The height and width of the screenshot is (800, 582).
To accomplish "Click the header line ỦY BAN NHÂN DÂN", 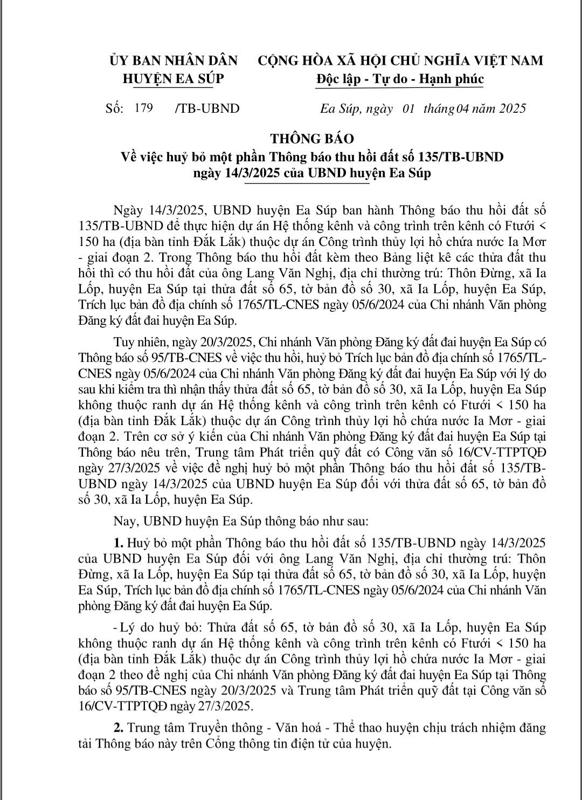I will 173,60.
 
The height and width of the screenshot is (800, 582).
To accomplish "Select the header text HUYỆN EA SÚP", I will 173,79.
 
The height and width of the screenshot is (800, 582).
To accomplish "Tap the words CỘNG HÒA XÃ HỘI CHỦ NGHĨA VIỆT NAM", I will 400,60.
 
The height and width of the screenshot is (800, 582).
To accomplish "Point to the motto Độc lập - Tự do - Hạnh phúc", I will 400,79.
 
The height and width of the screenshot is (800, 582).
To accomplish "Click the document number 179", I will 144,108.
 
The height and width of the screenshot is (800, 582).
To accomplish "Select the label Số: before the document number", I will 115,108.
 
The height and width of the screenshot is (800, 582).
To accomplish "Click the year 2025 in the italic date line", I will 505,108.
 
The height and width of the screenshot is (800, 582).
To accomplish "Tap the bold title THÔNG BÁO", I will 312,139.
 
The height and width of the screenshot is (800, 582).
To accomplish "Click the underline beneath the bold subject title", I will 307,184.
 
